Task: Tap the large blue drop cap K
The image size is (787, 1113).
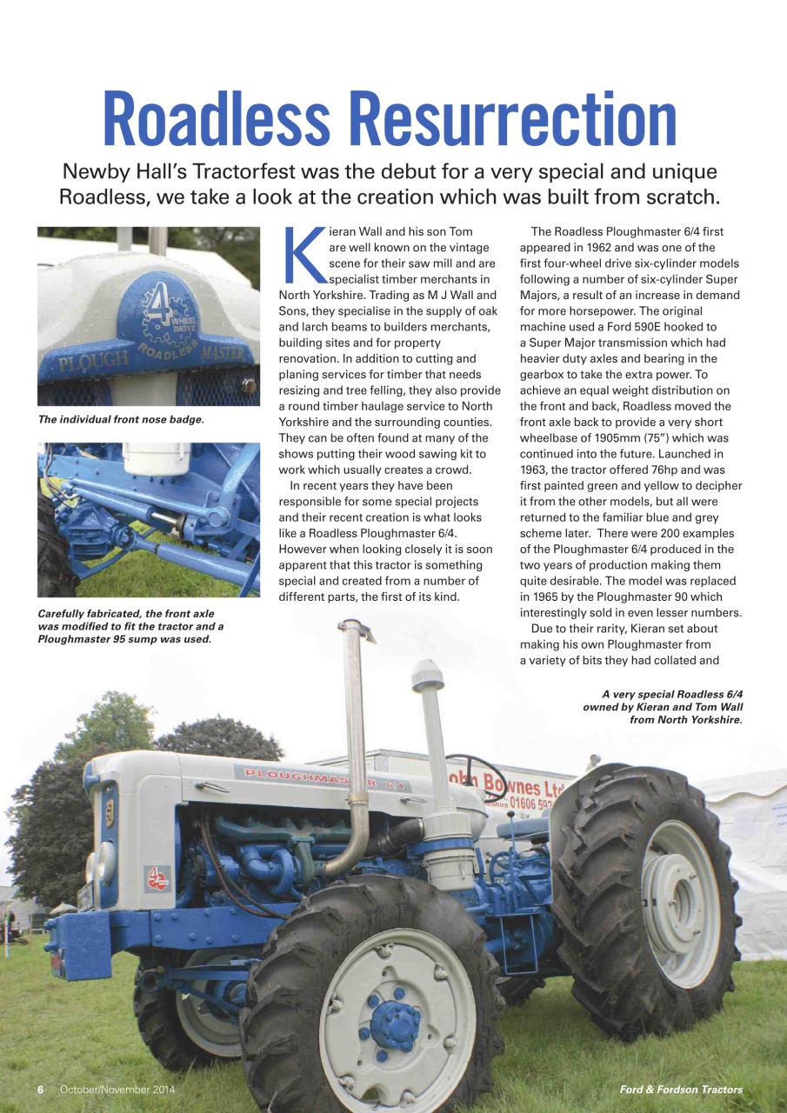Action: point(303,257)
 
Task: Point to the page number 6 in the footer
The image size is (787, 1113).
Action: point(40,1090)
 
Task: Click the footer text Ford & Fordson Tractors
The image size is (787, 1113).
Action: point(681,1090)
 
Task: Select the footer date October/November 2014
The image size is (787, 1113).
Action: point(117,1090)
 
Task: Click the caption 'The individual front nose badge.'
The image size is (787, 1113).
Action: point(121,419)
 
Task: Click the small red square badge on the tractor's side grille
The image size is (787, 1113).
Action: point(157,878)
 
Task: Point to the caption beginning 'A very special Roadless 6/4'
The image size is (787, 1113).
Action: point(663,706)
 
